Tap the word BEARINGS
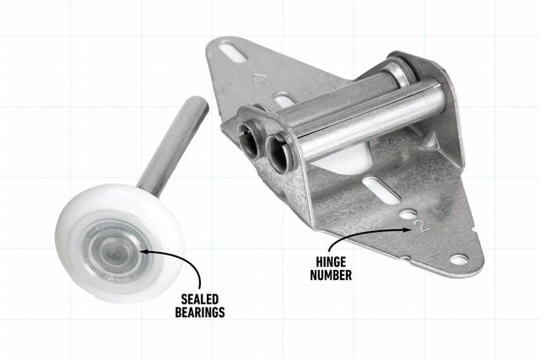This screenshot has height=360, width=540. (x=200, y=312)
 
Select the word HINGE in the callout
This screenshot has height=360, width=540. (x=331, y=262)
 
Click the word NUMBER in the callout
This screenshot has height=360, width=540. (x=331, y=275)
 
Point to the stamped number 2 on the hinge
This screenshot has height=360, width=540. (x=422, y=226)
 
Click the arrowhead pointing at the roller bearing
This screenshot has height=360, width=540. (x=143, y=251)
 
